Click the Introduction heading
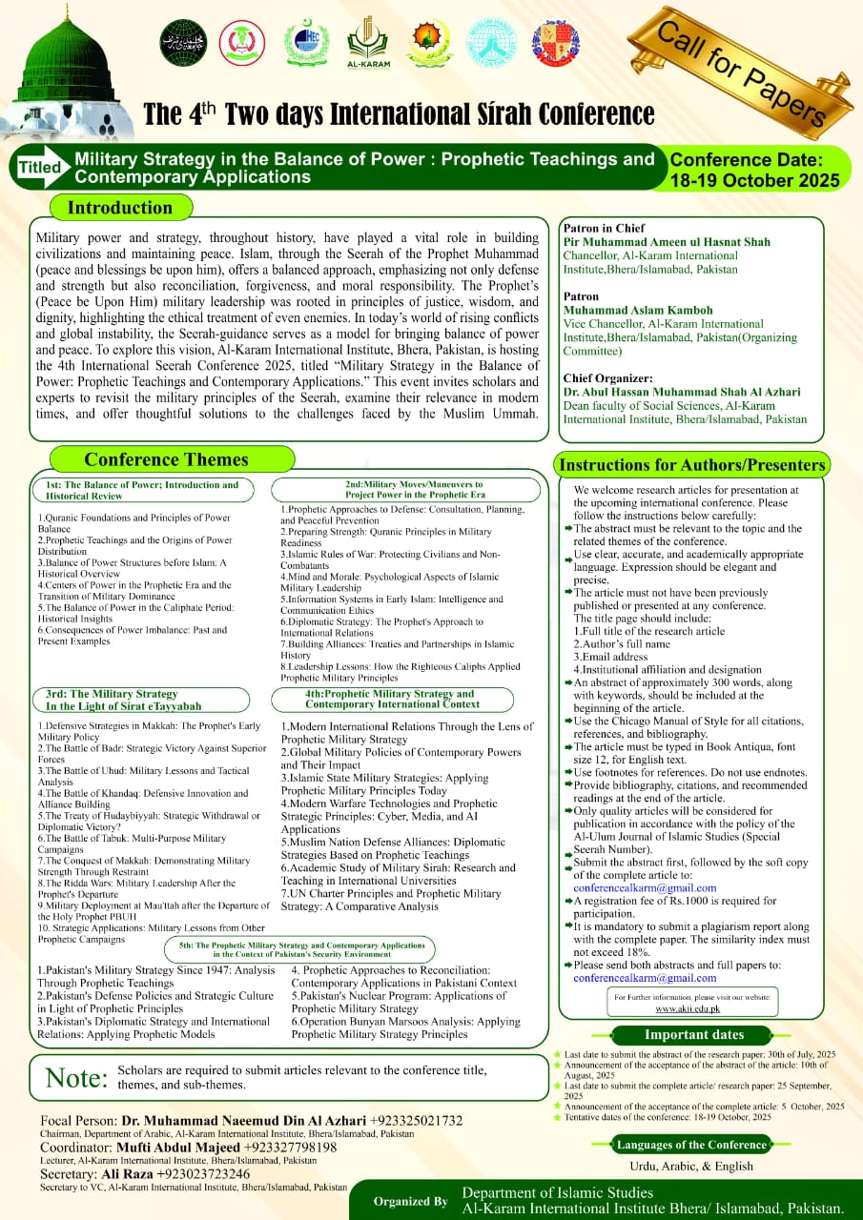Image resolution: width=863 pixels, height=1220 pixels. coord(120,208)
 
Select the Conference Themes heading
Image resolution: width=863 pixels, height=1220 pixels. coord(166,459)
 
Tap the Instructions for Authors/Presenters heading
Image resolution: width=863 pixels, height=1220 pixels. coord(691,465)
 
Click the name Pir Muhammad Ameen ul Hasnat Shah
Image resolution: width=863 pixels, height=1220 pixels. coord(666,242)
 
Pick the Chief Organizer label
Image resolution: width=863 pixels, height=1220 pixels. coord(607,378)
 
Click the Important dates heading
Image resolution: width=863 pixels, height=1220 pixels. coord(693,1034)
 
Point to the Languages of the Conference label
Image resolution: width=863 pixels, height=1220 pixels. coord(691,1145)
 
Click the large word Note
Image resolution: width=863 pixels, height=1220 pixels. coord(75,1078)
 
